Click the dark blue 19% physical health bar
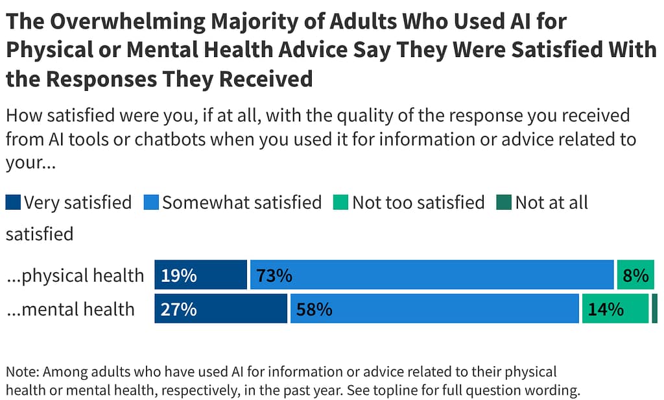200,275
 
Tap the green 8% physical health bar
635,275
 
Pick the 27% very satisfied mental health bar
220,308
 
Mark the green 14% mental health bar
615,308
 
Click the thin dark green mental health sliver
655,308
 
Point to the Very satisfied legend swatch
14,203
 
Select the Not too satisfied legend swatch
341,203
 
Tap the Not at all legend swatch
504,203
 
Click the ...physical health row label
75,275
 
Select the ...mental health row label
70,309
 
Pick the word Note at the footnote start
21,372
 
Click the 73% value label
274,276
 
